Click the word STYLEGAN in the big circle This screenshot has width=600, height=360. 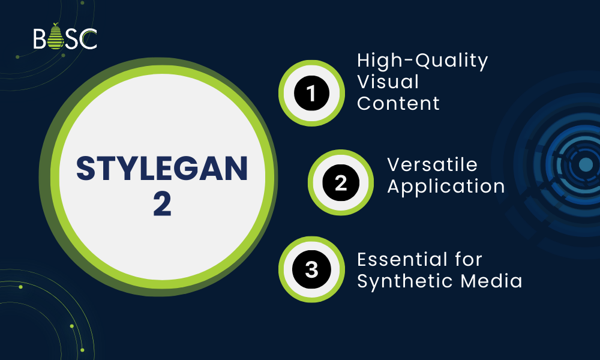click(x=162, y=170)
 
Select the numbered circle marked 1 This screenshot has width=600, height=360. click(x=311, y=94)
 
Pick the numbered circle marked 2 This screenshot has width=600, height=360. click(x=341, y=183)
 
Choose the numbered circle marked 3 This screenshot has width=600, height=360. click(x=311, y=269)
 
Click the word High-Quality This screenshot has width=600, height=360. click(x=422, y=61)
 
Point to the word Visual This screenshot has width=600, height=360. click(x=388, y=82)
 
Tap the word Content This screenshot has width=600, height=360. click(x=398, y=103)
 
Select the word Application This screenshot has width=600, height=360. click(x=446, y=186)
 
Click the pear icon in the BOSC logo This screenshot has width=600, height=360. click(x=56, y=38)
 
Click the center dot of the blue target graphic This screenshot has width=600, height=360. click(x=586, y=164)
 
